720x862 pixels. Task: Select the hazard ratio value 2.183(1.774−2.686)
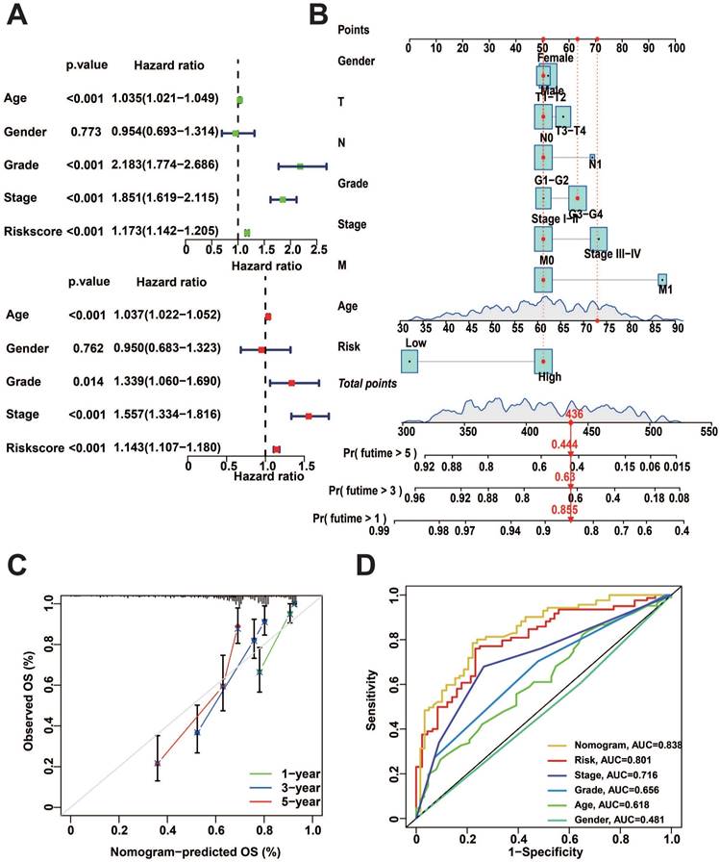tap(165, 165)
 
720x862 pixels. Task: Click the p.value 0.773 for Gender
tap(84, 132)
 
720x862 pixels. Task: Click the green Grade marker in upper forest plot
tap(300, 166)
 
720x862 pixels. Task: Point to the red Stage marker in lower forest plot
tap(309, 416)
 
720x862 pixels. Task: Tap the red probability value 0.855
tap(563, 509)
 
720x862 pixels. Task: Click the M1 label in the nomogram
tap(662, 294)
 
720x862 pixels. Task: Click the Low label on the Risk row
tap(415, 342)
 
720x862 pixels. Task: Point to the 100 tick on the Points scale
tap(677, 46)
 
